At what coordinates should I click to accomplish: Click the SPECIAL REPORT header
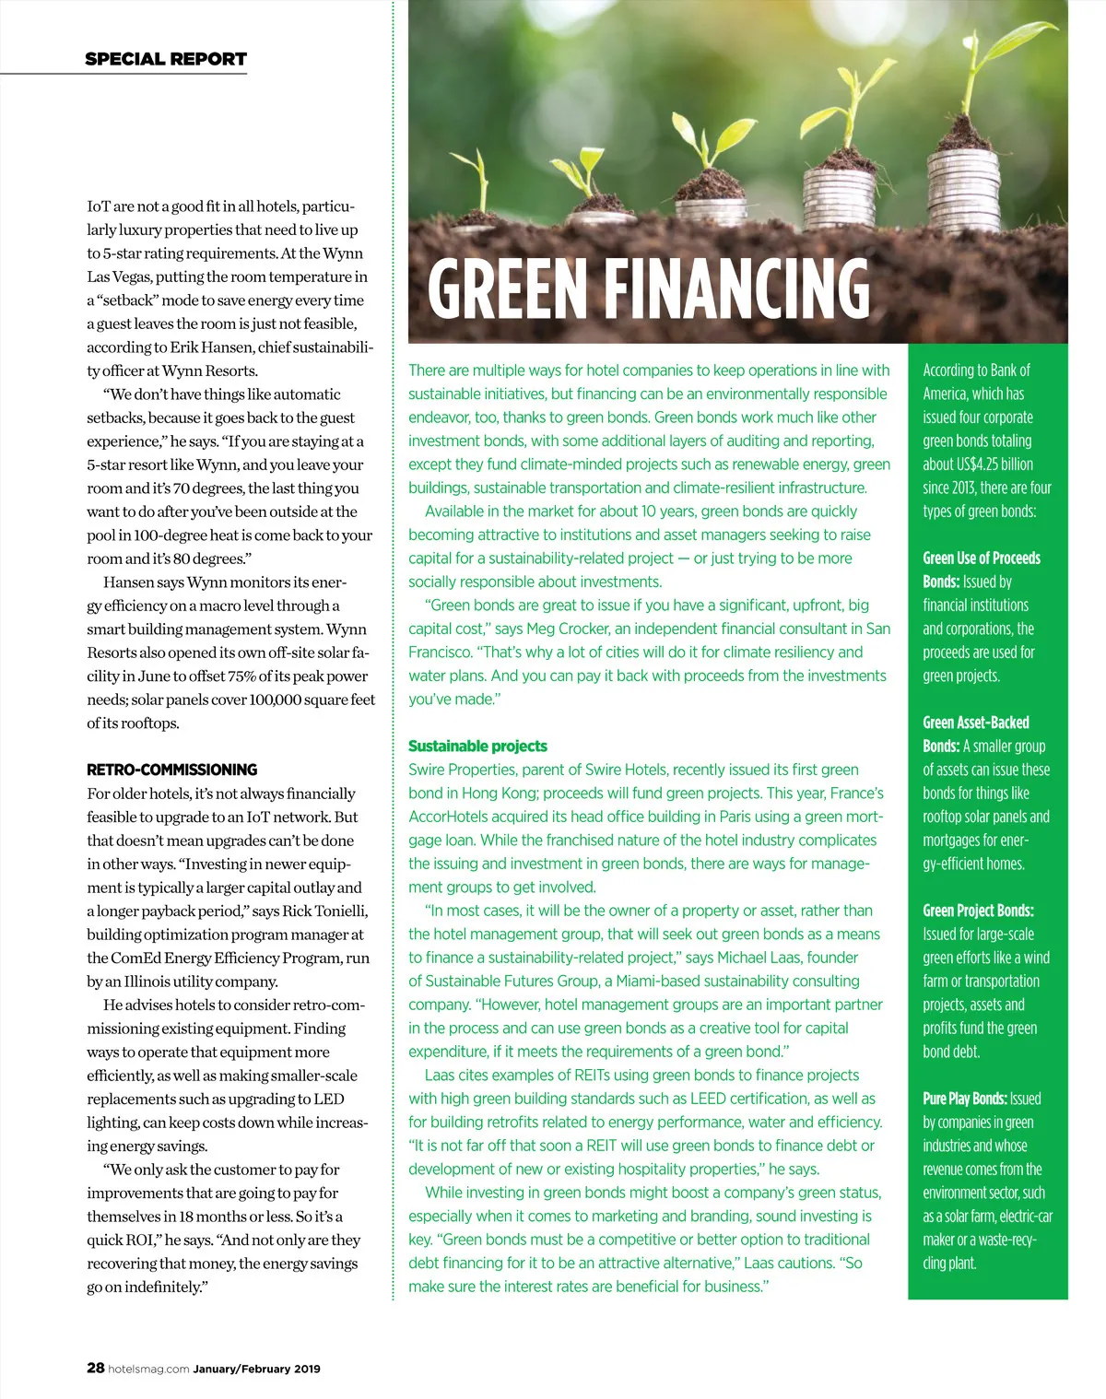point(166,59)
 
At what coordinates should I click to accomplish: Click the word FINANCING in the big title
point(736,288)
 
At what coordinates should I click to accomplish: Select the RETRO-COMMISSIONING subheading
point(172,770)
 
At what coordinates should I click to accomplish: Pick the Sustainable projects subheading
point(477,747)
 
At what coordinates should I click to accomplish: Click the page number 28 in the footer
point(95,1368)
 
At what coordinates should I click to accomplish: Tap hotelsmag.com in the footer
point(148,1369)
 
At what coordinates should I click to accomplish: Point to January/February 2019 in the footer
point(256,1369)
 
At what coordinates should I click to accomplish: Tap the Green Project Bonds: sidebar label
point(978,911)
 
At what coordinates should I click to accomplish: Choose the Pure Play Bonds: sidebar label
point(964,1099)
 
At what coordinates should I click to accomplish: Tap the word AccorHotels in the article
point(448,817)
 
